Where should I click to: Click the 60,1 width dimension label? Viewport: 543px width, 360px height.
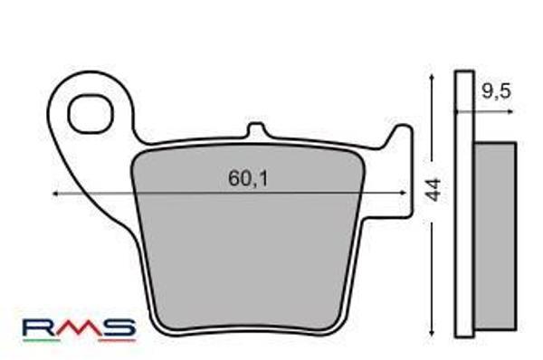247,180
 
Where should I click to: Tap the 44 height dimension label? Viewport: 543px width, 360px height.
433,189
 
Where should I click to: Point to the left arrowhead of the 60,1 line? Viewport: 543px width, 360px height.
57,194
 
